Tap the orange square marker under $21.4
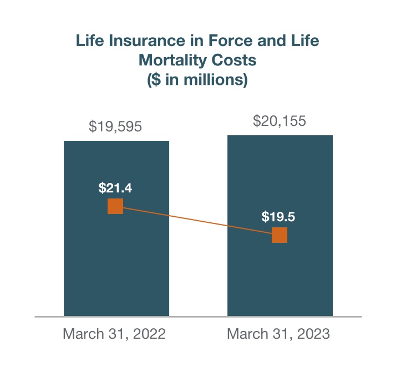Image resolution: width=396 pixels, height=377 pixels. (115, 206)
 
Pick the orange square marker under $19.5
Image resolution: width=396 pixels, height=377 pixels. (280, 235)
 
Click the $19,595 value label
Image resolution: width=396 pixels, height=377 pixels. (115, 127)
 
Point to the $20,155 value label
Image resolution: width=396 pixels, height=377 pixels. (280, 121)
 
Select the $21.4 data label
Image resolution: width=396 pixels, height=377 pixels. (115, 188)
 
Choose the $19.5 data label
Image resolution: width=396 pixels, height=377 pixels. (278, 217)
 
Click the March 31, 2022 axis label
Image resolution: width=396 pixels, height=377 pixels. (114, 334)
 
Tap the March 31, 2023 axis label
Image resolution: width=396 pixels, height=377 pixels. (278, 334)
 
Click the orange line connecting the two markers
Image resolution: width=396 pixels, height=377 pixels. (197, 221)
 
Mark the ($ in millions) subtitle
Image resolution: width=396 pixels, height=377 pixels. (197, 79)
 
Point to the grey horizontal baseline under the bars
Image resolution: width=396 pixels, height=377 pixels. (198, 317)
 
